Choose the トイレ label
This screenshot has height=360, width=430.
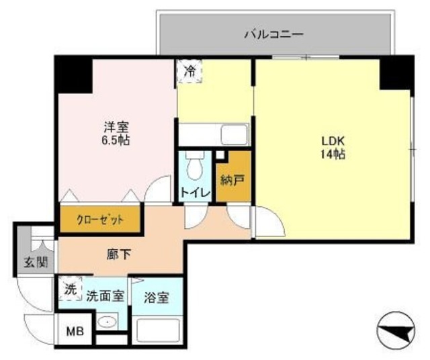point(196,193)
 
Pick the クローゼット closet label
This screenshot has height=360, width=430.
point(99,219)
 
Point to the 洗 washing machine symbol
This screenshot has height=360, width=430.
point(70,289)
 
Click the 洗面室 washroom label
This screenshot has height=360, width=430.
point(105,296)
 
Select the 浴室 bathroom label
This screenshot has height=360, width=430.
point(157,297)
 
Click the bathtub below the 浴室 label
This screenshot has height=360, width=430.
point(158,330)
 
